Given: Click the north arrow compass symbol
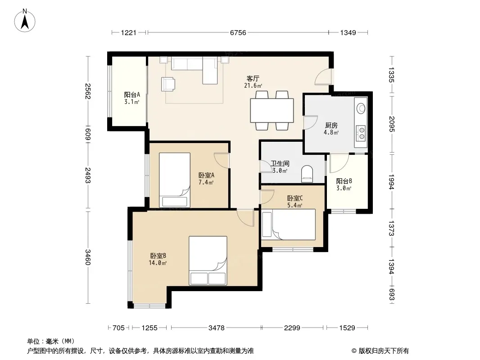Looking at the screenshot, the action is click(25, 21).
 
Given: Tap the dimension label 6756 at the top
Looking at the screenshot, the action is click(238, 32).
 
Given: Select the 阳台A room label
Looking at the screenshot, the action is click(132, 95).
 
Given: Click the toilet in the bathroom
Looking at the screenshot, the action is click(307, 174).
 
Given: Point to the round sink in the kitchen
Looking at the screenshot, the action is click(361, 108).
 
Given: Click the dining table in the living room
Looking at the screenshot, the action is click(272, 110).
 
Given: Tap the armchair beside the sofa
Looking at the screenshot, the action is click(168, 84).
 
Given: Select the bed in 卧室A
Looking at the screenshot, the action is click(175, 180).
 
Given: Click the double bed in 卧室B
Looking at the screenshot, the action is click(208, 260).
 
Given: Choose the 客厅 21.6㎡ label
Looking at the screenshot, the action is click(253, 82).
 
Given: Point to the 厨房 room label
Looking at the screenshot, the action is click(331, 126).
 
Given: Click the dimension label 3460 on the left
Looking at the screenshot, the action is click(88, 257).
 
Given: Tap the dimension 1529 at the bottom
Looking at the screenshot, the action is click(347, 328).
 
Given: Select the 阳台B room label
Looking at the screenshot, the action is click(344, 181).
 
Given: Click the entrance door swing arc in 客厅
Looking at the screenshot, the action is click(323, 77).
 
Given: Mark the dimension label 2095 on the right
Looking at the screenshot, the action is click(391, 124).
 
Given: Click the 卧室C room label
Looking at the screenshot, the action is click(295, 198).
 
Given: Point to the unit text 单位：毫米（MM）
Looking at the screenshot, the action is click(51, 342).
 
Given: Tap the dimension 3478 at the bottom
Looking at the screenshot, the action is click(217, 328).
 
